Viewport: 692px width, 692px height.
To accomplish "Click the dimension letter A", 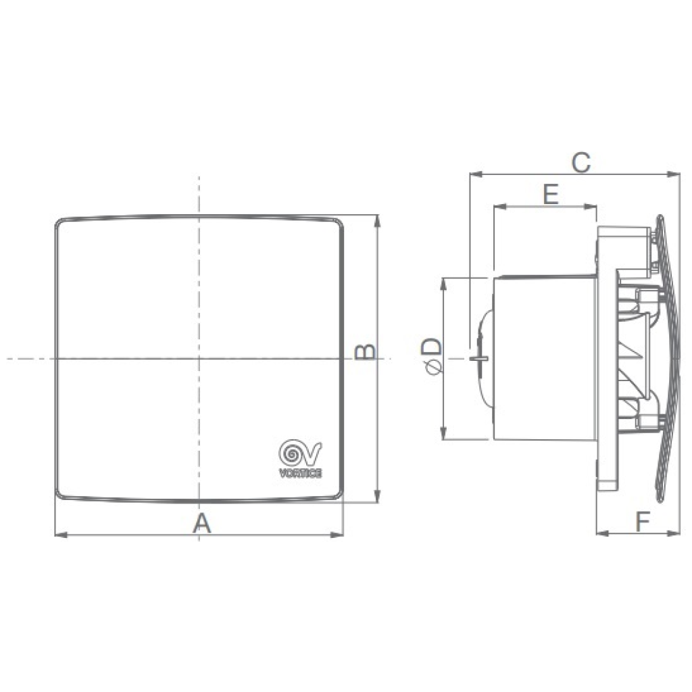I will (202, 522).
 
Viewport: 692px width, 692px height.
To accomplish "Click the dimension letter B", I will (366, 351).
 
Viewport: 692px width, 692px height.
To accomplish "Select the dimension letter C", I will (580, 162).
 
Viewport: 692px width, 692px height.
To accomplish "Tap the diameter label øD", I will (431, 357).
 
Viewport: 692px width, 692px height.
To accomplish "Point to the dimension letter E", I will (551, 195).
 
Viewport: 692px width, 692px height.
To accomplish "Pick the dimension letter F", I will (642, 520).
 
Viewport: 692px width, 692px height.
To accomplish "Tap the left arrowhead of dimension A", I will (59, 535).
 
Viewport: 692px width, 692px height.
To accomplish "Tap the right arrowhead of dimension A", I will (340, 535).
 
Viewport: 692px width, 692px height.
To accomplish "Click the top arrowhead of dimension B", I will (377, 220).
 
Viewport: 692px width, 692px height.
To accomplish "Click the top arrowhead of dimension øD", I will (443, 282).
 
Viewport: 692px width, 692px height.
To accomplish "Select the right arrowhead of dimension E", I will (593, 206).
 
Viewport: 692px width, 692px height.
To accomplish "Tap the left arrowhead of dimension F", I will (601, 533).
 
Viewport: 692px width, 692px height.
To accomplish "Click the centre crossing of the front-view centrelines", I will (199, 358).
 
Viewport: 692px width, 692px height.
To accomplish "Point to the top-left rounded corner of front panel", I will (59, 222).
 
